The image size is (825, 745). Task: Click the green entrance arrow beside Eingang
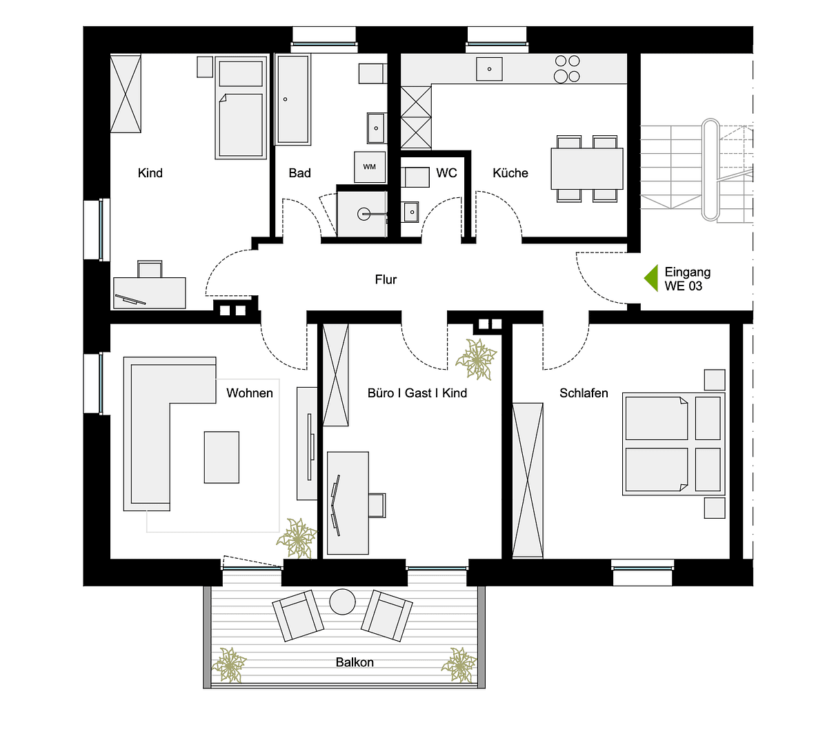[x=651, y=279]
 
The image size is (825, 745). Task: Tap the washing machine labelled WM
[x=370, y=167]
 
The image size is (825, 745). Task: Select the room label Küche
[x=510, y=173]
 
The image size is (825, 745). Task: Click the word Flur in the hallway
[x=386, y=279]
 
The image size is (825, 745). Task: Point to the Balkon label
[x=355, y=662]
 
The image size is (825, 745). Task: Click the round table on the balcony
[x=342, y=602]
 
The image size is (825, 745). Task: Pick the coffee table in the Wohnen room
[x=221, y=457]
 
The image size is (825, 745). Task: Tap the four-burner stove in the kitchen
[x=567, y=69]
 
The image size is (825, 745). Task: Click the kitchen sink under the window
[x=489, y=69]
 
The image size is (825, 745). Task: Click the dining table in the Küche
[x=587, y=169]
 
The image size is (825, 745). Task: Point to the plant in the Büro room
[x=477, y=359]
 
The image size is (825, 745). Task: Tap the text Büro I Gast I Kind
[x=417, y=393]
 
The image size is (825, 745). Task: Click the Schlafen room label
[x=584, y=393]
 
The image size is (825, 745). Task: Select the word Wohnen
[x=250, y=393]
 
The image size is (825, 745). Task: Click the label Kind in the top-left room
[x=150, y=173]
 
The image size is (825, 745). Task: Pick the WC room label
[x=446, y=173]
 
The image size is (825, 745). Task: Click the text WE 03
[x=683, y=286]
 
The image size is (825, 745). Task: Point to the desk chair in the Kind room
[x=150, y=269]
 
